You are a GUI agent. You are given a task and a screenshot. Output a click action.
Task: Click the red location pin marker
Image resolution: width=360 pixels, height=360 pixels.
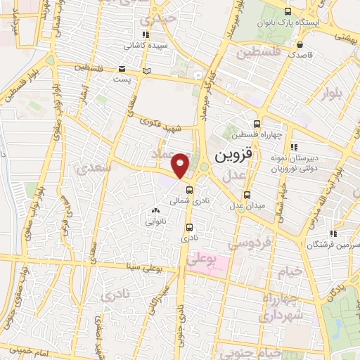pyautogui.click(x=181, y=165)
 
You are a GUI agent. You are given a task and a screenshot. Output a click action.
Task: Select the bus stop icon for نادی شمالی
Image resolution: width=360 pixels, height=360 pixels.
pyautogui.click(x=189, y=190)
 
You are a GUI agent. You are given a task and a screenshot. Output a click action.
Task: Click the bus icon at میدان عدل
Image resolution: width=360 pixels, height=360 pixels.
pyautogui.click(x=246, y=195)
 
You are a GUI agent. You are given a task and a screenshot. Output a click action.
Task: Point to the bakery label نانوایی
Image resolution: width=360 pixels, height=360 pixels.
pyautogui.click(x=155, y=221)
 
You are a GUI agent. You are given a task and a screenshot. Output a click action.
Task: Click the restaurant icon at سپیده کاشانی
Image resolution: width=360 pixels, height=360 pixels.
pyautogui.click(x=146, y=34)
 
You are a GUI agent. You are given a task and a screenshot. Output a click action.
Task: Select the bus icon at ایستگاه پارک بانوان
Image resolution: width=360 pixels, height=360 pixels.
pyautogui.click(x=287, y=11)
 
